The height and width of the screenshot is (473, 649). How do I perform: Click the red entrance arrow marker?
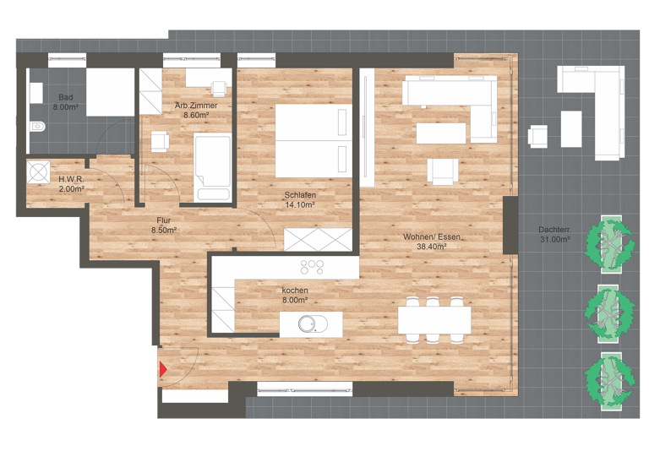point(162,368)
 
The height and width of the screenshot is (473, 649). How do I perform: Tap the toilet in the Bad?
point(37,128)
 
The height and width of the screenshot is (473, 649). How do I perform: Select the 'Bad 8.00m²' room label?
point(66,102)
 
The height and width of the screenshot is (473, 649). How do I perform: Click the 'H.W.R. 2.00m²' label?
point(71,183)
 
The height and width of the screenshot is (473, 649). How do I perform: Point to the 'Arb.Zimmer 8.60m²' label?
point(196,110)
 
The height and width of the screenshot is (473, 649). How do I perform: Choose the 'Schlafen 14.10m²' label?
point(299,199)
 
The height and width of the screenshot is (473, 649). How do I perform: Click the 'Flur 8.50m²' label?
point(163,224)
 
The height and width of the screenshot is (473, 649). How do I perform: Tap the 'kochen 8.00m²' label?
point(295,295)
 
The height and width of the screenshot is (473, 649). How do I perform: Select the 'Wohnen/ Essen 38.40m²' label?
point(432,242)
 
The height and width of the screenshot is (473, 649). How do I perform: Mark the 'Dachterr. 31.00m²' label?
point(554,234)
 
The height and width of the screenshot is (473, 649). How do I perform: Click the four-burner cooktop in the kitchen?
point(313,268)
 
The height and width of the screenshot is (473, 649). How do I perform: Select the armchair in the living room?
point(443,171)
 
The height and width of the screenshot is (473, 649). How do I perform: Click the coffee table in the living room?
point(440,133)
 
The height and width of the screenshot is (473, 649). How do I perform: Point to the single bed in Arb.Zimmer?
point(212,166)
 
